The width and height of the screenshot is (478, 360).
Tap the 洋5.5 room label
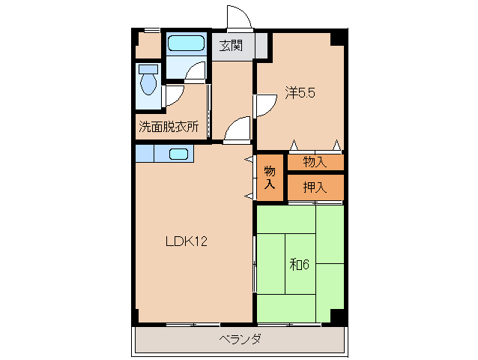coord(299,93)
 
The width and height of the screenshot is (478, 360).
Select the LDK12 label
coord(186,241)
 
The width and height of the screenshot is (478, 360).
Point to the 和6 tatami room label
coord(300,264)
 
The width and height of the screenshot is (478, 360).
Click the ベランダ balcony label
coord(240,339)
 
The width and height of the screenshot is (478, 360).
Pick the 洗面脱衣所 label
coord(169,127)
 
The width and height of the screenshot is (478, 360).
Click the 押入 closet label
coord(315,187)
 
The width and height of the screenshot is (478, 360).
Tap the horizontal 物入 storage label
coord(315,161)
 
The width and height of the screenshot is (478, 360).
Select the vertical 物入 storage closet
coord(270,177)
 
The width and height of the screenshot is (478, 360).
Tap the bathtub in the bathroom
coord(186,43)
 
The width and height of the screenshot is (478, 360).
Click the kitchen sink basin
coord(178,154)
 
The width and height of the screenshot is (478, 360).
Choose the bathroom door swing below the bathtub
coord(196,71)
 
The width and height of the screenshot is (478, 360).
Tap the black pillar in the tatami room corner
coord(336,316)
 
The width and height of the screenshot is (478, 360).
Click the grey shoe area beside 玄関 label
coord(261,46)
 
